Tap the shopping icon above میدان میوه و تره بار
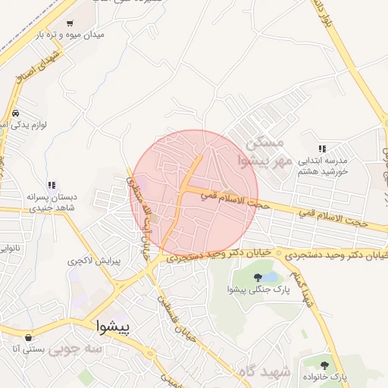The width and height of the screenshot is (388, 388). click(x=70, y=23)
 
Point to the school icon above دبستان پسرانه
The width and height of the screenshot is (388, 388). click(x=52, y=185)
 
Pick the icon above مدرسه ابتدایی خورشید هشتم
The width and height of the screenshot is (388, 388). click(x=321, y=149)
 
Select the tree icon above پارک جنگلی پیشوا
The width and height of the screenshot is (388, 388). click(x=258, y=277)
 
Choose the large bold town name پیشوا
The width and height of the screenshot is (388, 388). click(x=114, y=327)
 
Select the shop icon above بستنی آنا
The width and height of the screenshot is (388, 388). click(x=29, y=337)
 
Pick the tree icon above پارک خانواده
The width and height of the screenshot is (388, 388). click(x=327, y=365)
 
